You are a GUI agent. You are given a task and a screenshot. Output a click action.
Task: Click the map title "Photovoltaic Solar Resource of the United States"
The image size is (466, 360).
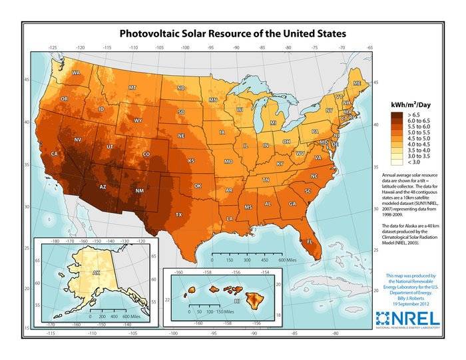232,33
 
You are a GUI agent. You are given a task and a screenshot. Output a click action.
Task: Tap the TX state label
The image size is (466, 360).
178,215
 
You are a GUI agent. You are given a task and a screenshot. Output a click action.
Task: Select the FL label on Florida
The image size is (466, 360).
310,243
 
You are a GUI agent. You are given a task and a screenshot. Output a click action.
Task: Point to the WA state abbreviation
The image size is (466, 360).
76,73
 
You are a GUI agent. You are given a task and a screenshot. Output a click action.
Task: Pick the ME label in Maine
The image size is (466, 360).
357,83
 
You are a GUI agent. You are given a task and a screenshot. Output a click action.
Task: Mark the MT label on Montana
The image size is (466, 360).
132,87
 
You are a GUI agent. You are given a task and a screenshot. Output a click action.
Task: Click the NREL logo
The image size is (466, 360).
407,317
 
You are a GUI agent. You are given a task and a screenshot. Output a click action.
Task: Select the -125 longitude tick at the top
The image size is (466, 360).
52,48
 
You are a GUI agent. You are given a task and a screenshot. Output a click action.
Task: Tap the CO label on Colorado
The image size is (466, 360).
147,154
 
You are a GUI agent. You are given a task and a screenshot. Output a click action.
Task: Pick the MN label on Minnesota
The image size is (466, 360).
213,100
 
